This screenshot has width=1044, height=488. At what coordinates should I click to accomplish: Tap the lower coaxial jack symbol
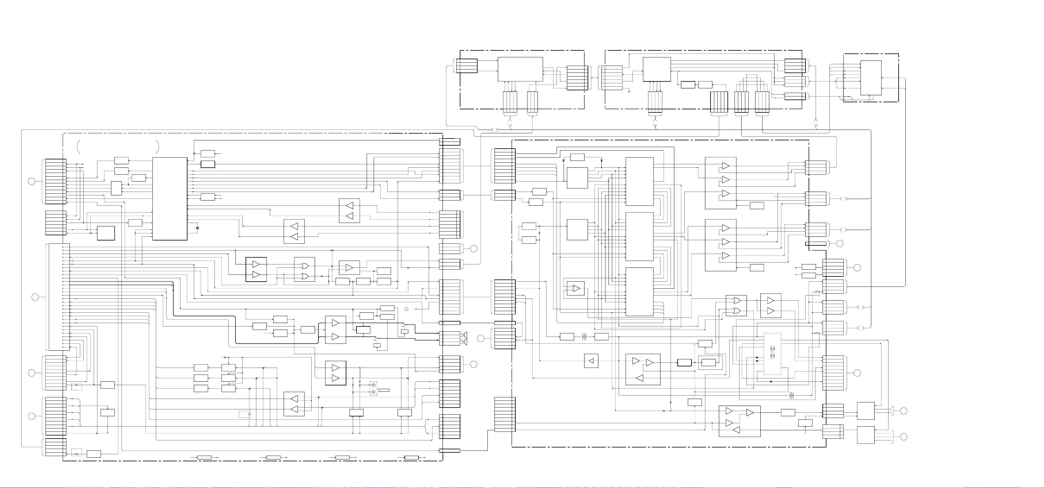[373, 392]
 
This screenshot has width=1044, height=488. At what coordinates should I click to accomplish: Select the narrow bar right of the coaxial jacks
[384, 390]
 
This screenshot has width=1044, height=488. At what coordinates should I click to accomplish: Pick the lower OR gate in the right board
[736, 311]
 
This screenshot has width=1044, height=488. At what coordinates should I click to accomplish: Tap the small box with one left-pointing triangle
[591, 361]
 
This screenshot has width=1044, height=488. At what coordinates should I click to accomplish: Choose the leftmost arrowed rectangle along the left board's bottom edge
[204, 458]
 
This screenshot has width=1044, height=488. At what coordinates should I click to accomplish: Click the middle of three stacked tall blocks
[640, 236]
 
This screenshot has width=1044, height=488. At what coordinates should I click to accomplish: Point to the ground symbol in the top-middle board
[628, 92]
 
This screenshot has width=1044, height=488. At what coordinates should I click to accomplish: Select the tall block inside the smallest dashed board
[871, 78]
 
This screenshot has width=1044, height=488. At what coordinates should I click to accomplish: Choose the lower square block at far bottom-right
[866, 435]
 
